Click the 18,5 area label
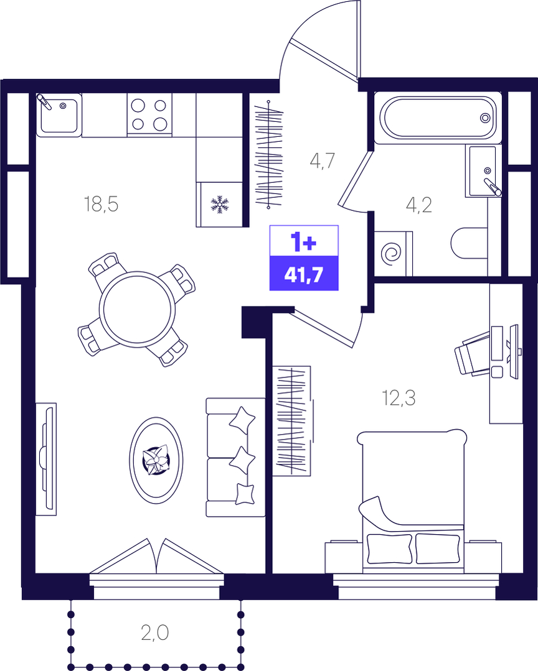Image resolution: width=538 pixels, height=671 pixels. (101, 204)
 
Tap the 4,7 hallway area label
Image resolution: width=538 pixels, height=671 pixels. (322, 160)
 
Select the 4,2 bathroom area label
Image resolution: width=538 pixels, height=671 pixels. (419, 205)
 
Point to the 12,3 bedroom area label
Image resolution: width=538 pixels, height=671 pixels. (399, 398)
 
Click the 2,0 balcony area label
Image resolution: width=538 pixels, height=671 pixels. (155, 632)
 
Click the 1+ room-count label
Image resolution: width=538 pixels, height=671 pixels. (304, 242)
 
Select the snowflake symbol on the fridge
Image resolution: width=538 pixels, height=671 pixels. (220, 205)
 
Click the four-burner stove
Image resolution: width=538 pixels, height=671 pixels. (149, 114)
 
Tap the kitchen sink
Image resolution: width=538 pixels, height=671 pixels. (59, 114)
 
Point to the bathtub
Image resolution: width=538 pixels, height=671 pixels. (438, 118)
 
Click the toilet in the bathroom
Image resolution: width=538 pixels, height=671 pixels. (470, 243)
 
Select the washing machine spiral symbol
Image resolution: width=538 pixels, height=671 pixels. (392, 254)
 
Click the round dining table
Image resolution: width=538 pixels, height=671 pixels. (137, 309)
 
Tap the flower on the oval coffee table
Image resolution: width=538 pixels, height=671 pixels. (156, 460)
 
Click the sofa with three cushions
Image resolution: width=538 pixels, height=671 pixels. (235, 457)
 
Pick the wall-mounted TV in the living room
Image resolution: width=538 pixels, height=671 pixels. (46, 459)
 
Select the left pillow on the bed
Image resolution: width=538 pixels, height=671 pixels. (390, 549)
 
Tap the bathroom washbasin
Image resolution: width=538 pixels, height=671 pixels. (483, 171)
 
